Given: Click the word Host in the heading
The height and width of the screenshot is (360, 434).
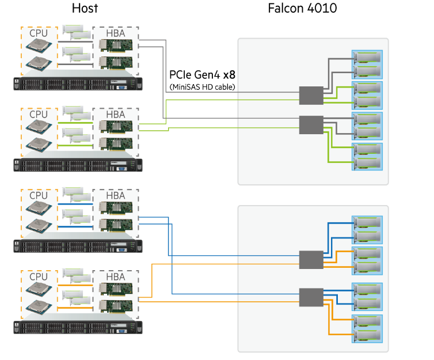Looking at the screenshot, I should click(85, 8).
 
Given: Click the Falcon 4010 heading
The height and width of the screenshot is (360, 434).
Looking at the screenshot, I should click(302, 8).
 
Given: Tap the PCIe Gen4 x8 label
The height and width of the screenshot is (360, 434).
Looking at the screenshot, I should click(202, 75).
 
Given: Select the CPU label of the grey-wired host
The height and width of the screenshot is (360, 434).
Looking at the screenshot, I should click(39, 33).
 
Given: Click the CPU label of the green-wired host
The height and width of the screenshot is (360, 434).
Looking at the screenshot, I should click(39, 113).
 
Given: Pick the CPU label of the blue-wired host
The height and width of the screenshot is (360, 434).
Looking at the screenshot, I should click(39, 195).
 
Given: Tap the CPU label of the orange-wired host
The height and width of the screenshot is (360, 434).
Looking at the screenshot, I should click(39, 276).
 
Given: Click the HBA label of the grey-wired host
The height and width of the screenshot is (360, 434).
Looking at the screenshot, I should click(115, 33).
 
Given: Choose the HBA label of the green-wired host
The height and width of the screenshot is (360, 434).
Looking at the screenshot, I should click(115, 114).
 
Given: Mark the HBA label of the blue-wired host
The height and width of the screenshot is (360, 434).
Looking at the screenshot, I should click(115, 195).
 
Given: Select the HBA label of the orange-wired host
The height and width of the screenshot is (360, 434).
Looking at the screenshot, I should click(115, 276).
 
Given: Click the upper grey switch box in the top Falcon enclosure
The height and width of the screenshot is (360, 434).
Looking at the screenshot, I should click(311, 96).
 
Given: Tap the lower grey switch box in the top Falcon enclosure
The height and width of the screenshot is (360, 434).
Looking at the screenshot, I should click(311, 124).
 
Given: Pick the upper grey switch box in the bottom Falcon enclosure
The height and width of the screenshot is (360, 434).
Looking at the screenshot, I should click(311, 259).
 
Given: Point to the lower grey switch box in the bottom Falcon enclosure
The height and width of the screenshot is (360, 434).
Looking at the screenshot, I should click(311, 297).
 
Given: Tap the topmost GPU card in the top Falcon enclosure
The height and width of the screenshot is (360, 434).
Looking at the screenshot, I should click(368, 58).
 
